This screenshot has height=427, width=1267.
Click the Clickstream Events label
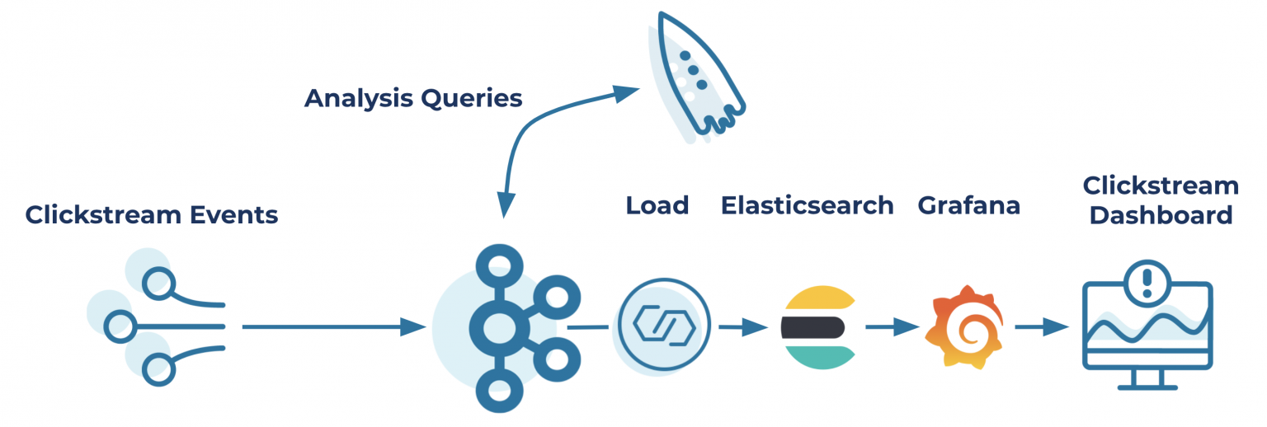(151, 215)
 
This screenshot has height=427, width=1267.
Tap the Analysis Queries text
(413, 98)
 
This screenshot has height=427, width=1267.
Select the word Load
(657, 204)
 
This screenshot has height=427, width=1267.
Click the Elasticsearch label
(807, 204)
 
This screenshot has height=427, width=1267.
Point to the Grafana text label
(968, 204)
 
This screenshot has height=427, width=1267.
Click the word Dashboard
(1161, 216)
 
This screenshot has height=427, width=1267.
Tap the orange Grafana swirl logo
(963, 328)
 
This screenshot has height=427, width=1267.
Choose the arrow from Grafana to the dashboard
(1040, 327)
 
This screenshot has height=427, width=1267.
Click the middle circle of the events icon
(119, 326)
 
